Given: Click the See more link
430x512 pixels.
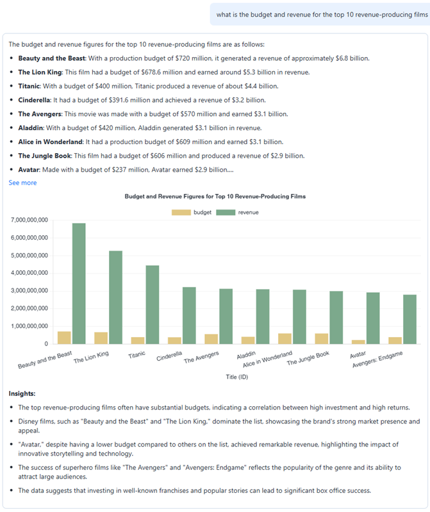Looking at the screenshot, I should (x=22, y=183).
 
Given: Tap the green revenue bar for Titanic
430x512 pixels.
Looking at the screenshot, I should (x=153, y=304).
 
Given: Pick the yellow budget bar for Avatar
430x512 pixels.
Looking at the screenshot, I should (x=359, y=342).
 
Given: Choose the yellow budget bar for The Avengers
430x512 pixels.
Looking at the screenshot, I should (x=211, y=338).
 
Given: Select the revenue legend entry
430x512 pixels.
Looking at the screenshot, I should (x=238, y=212).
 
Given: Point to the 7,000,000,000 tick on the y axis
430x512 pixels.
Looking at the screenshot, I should (x=29, y=220).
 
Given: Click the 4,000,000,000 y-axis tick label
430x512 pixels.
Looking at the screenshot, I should (x=29, y=273).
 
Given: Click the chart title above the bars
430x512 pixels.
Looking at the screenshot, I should (x=215, y=196).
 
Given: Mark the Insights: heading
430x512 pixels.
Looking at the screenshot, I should (x=22, y=393).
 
